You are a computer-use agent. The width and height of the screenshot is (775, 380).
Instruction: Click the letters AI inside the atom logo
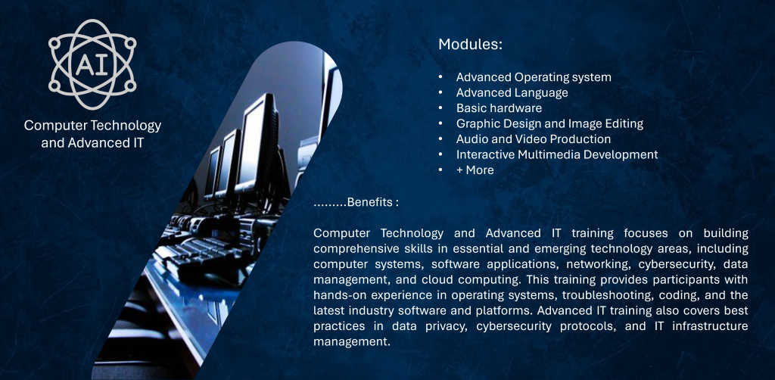[92, 64]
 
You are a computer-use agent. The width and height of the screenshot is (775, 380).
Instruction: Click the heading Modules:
[470, 45]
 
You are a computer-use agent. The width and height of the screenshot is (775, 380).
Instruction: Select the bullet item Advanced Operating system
[534, 77]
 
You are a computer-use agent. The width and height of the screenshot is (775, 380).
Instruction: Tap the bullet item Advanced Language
[512, 93]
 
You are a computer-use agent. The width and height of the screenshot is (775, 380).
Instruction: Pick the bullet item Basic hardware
[500, 108]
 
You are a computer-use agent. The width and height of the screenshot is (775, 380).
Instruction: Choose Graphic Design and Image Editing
[549, 123]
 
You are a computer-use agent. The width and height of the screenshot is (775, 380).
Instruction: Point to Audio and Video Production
[534, 139]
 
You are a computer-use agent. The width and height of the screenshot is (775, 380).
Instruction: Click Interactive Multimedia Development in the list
[557, 154]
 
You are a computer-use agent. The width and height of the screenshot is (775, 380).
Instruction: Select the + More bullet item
[475, 170]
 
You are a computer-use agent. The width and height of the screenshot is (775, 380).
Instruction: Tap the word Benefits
[371, 203]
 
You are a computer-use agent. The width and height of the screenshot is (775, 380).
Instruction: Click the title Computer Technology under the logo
[92, 126]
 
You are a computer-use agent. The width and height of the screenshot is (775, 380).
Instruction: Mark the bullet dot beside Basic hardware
[440, 108]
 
